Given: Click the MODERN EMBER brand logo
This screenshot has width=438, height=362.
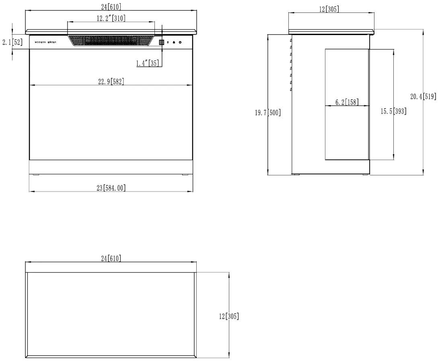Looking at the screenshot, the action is (45, 42).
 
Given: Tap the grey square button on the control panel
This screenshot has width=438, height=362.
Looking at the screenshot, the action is (161, 42).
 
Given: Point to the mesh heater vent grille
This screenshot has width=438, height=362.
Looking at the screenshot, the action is (111, 41).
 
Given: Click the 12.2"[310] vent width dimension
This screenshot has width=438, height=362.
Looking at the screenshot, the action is (111, 19).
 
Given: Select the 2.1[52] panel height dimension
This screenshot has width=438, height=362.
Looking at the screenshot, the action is (12, 43).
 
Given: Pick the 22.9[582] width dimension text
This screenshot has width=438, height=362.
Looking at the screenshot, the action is (111, 82).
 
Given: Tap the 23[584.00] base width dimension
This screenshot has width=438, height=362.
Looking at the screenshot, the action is (111, 188).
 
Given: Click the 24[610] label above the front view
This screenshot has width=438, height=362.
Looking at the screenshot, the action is (111, 7).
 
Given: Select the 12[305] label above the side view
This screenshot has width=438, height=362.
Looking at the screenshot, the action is (329, 9).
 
